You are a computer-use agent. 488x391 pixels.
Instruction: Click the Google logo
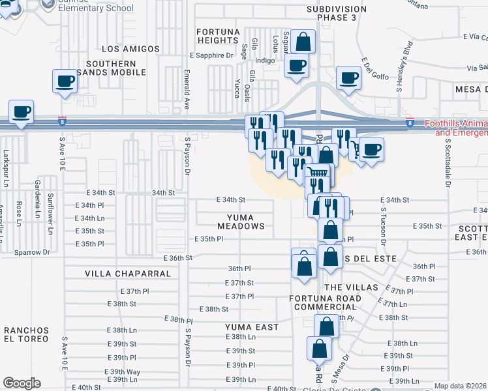pos(22,383)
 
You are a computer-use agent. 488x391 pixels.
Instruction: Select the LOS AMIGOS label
pos(131,49)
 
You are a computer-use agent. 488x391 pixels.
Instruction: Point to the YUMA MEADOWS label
pos(237,221)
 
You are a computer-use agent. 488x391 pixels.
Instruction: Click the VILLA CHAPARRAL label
pos(128,274)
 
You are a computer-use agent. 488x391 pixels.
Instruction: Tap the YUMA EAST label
pos(252,327)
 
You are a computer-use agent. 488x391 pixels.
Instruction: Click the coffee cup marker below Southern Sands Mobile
pos(65,82)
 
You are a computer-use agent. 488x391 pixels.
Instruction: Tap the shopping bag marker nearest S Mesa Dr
pos(319,349)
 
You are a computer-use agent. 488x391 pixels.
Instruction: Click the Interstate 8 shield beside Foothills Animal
pos(409,122)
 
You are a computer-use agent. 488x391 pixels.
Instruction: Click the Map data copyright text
pos(460,386)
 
